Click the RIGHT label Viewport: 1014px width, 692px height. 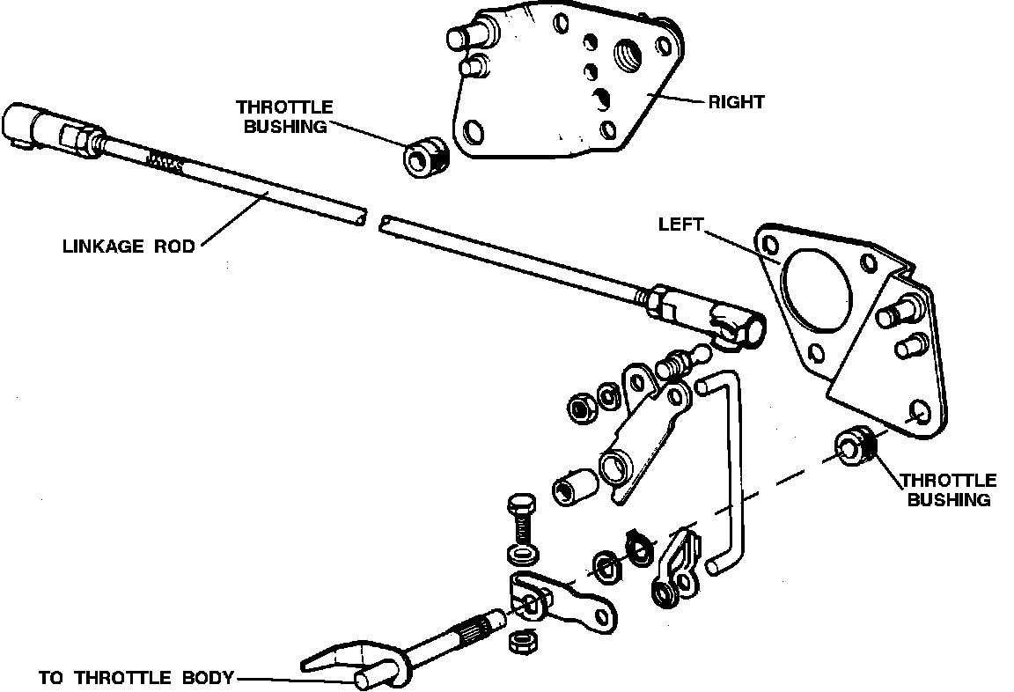point(736,101)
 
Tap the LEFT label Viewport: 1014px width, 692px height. point(681,225)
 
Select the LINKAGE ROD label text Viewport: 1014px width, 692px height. point(128,246)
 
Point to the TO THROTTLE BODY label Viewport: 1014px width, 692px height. point(136,678)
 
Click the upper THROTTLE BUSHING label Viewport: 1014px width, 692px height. point(284,116)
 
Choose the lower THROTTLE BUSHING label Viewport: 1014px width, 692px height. point(949,490)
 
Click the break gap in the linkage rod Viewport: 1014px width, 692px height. point(371,218)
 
